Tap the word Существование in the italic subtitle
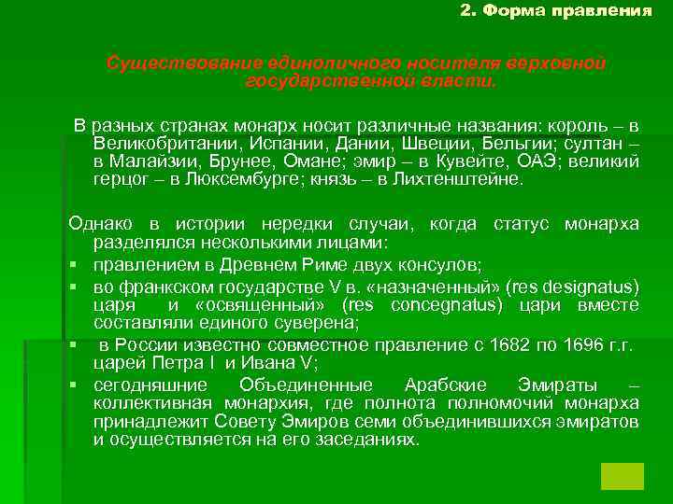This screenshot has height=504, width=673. pos(167,63)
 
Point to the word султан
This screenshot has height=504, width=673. pos(594,144)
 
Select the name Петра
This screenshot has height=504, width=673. pos(160,363)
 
